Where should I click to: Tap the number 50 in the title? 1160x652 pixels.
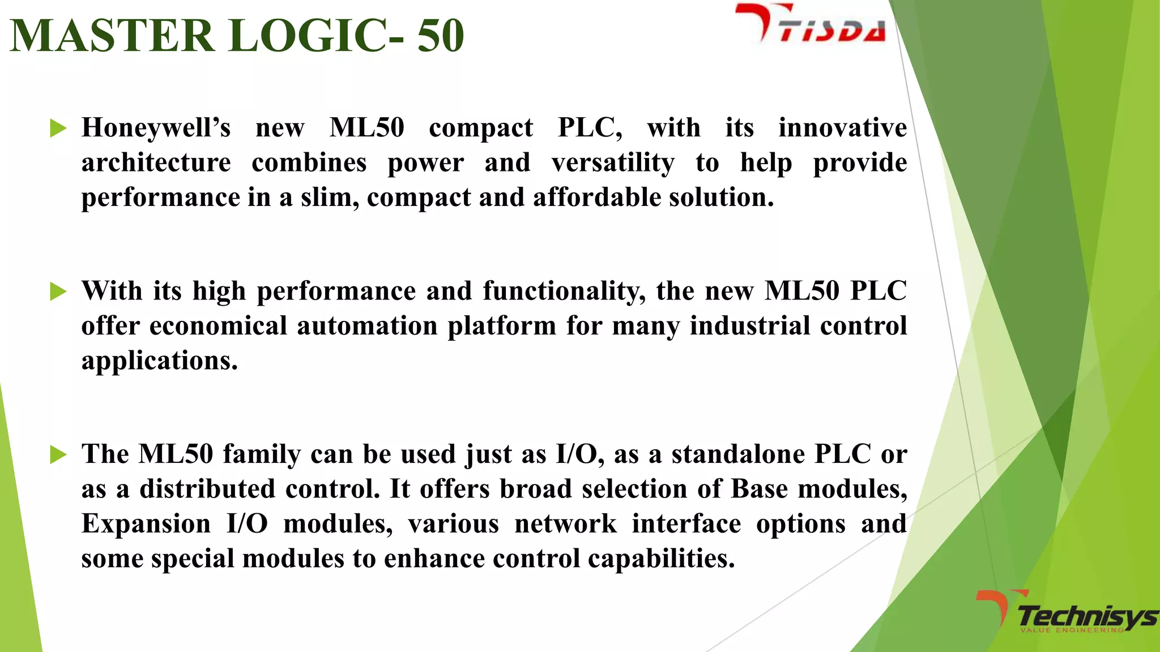[440, 36]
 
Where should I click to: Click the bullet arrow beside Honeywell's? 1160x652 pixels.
[58, 128]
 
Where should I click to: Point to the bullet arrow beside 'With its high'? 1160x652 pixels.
[58, 291]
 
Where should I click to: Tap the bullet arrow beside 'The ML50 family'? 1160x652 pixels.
[58, 454]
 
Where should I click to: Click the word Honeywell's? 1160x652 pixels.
[156, 128]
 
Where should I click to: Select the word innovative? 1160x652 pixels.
[842, 128]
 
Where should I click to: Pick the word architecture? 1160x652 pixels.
[156, 163]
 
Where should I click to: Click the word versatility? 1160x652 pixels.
[613, 163]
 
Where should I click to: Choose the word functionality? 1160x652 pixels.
[564, 291]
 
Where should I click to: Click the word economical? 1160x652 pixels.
[218, 326]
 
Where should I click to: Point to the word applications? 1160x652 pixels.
[159, 361]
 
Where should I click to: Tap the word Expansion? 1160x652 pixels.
[146, 524]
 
